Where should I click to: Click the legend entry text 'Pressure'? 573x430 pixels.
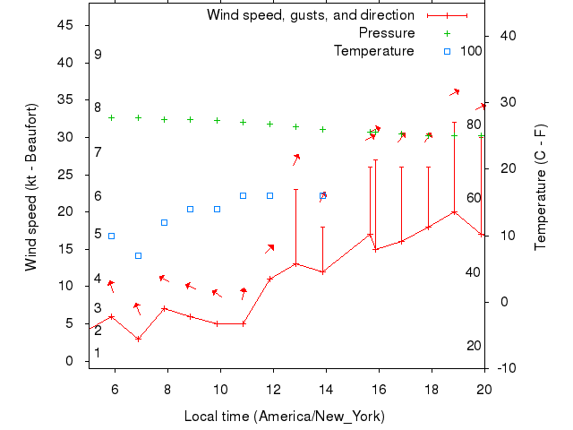pos(387,33)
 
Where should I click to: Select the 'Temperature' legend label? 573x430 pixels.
pos(374,51)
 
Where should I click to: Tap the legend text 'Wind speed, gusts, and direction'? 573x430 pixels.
pos(311,15)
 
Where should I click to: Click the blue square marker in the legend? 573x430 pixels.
pos(448,51)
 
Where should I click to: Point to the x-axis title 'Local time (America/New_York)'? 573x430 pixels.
pos(285,417)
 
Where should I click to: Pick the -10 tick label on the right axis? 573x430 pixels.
pos(505,368)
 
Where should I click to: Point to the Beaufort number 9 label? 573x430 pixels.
pos(98,56)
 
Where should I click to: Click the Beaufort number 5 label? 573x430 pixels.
pos(98,234)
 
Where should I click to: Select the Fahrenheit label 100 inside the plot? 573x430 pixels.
pos(471,51)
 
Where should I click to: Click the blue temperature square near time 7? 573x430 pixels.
pos(138,255)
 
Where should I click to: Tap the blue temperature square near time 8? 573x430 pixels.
pos(164,222)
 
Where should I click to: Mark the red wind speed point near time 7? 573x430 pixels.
pos(138,339)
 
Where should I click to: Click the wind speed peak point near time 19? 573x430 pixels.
pos(455,212)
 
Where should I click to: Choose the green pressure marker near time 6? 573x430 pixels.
pos(112,117)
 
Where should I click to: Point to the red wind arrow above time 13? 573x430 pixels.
pos(296,159)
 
